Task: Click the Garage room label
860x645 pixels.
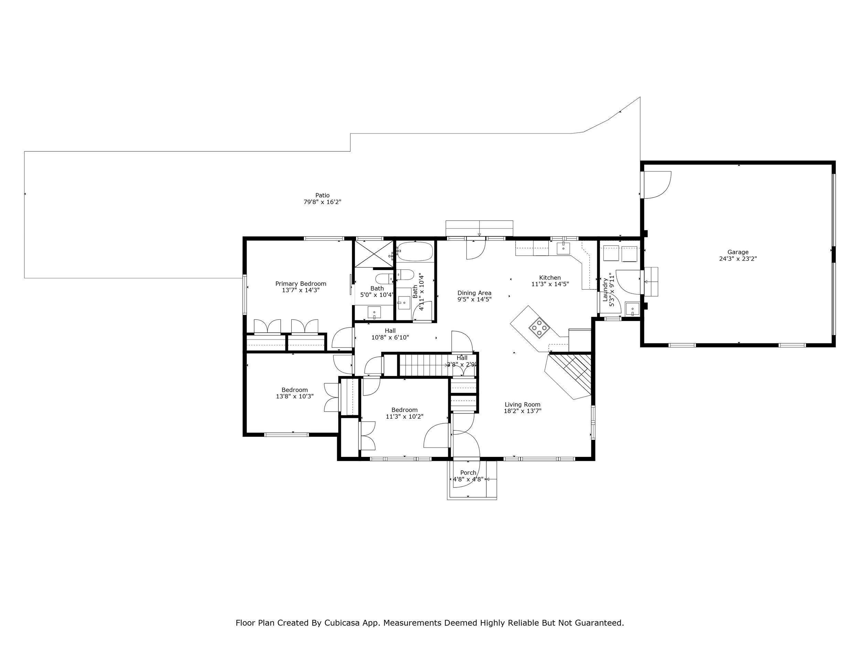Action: point(738,252)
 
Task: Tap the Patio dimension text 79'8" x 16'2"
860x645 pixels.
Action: point(322,202)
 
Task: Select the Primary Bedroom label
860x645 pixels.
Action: point(301,284)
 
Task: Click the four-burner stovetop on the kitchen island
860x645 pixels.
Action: point(539,327)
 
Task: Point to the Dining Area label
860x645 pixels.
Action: point(474,293)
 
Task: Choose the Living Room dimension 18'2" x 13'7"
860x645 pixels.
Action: point(523,411)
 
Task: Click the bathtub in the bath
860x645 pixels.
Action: point(415,252)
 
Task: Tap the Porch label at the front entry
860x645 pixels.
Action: point(468,473)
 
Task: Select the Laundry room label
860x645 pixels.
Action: point(605,290)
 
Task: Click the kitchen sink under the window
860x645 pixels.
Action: point(563,247)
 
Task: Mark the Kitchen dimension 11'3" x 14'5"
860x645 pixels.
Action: point(550,284)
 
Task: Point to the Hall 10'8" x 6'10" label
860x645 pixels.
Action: point(390,334)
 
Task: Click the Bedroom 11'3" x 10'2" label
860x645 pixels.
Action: point(404,413)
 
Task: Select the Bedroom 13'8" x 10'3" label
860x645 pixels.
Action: point(295,393)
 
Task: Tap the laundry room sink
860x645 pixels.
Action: point(633,309)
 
